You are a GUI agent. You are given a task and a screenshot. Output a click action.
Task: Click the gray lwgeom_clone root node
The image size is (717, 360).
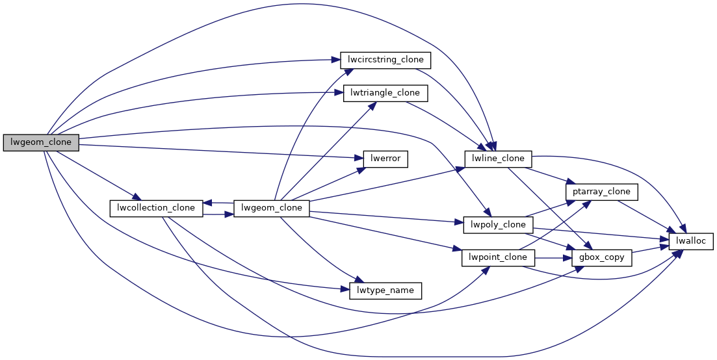[41, 142]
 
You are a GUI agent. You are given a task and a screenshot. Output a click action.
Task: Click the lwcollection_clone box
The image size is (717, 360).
[157, 208]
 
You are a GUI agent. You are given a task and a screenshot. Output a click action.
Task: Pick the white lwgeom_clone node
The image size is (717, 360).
[272, 208]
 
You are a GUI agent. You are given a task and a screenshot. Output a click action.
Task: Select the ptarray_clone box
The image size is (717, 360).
[602, 192]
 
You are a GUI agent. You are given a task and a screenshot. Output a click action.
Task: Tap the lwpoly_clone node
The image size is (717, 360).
[497, 225]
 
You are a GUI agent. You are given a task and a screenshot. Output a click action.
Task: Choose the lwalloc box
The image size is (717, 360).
[692, 241]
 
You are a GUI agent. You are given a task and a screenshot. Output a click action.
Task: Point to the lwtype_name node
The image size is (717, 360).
[385, 290]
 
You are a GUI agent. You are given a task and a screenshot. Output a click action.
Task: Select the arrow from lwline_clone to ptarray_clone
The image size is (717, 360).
[549, 175]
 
